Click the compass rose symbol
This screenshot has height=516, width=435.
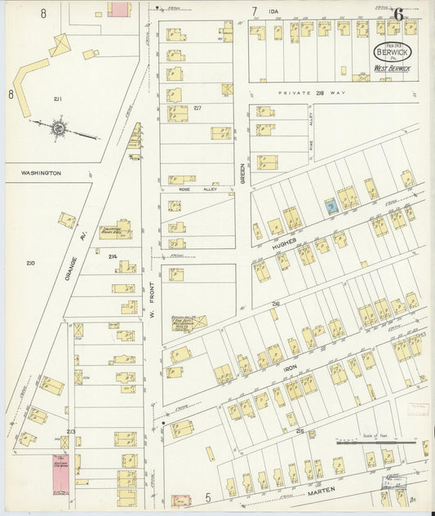58,127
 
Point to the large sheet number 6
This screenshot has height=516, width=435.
398,13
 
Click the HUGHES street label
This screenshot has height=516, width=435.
284,243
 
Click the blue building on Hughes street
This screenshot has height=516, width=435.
330,207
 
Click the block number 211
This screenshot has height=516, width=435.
58,99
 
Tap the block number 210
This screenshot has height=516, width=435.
30,262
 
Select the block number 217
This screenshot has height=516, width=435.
198,107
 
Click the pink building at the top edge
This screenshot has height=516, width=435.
119,8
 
